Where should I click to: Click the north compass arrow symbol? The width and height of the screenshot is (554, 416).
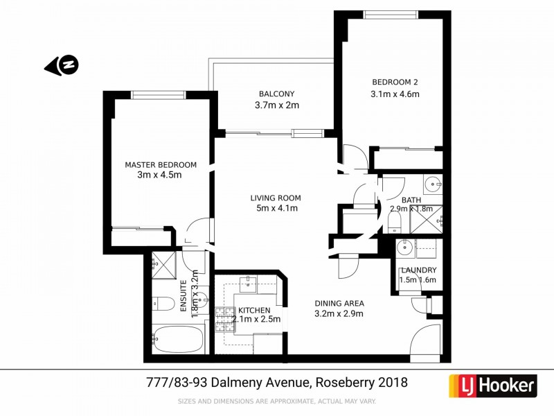click(62, 66)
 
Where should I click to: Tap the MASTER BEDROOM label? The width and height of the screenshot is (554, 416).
click(160, 165)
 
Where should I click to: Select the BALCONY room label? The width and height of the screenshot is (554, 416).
click(276, 94)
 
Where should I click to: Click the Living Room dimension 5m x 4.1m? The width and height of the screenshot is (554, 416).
click(276, 209)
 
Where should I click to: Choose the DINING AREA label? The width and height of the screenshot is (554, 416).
click(339, 303)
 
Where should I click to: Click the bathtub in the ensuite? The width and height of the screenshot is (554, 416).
click(177, 340)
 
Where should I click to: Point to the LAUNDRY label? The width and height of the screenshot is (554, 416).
click(418, 270)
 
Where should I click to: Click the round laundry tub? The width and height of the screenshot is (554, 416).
click(404, 248)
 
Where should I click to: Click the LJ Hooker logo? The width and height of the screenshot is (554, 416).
click(493, 385)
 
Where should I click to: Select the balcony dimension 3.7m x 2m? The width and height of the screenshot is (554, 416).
click(276, 106)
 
